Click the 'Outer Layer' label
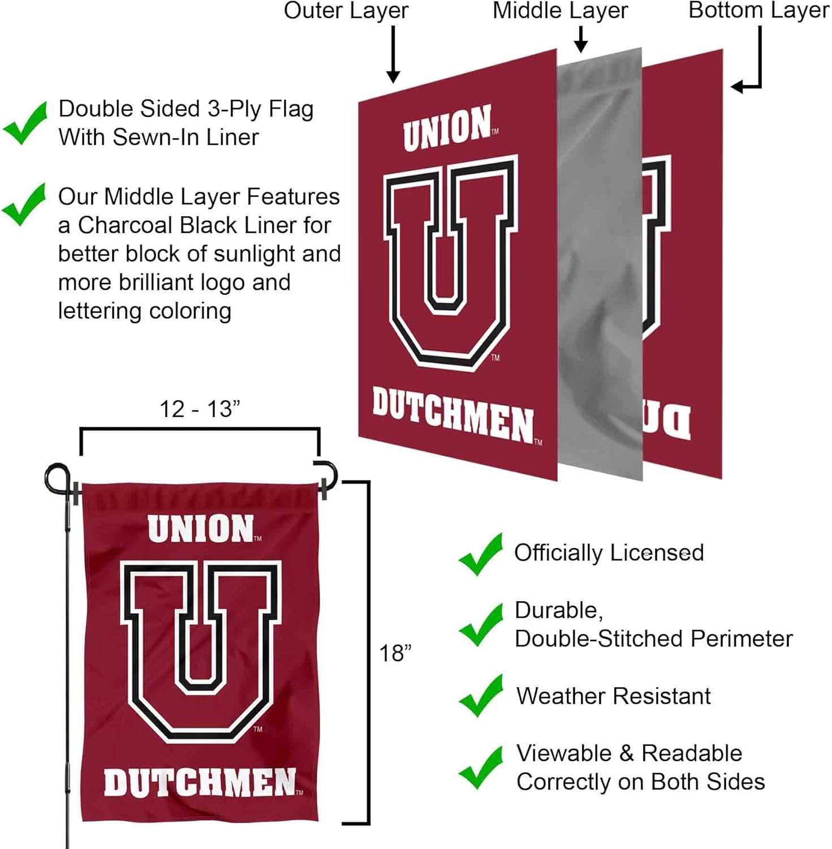tap(346, 11)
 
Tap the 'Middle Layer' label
tap(560, 11)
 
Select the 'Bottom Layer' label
tap(758, 11)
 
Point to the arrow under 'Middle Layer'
tap(580, 38)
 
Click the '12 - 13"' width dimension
tap(200, 409)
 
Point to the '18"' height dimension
tap(395, 653)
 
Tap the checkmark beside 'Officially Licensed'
tap(480, 555)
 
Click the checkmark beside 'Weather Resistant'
tap(480, 696)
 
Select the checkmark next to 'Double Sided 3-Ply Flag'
tap(25, 123)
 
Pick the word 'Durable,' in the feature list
tap(559, 610)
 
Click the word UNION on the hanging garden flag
tap(201, 529)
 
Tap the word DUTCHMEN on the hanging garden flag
tap(200, 783)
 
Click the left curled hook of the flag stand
tap(57, 478)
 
